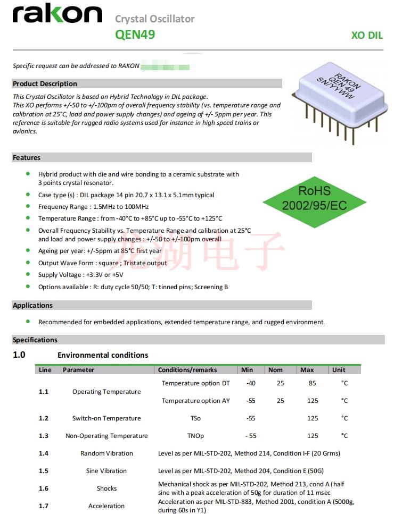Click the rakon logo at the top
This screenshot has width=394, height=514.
pyautogui.click(x=57, y=15)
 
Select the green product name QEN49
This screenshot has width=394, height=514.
pyautogui.click(x=135, y=35)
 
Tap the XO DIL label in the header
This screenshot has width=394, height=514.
pyautogui.click(x=367, y=36)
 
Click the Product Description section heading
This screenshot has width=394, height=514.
pyautogui.click(x=45, y=83)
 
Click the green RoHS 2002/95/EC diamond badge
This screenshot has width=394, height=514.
pyautogui.click(x=314, y=198)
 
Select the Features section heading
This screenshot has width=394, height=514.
pyautogui.click(x=27, y=157)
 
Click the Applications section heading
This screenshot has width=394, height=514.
pyautogui.click(x=33, y=305)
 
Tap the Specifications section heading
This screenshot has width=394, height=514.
pyautogui.click(x=35, y=340)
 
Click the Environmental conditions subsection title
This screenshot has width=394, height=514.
pyautogui.click(x=103, y=355)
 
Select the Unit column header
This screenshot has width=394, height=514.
pyautogui.click(x=339, y=370)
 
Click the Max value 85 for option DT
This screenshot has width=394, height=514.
pyautogui.click(x=312, y=383)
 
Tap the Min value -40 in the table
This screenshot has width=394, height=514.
pyautogui.click(x=251, y=383)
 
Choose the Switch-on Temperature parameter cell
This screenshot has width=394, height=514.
pyautogui.click(x=106, y=418)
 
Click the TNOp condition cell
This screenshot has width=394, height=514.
pyautogui.click(x=195, y=436)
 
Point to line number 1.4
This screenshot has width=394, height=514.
pyautogui.click(x=44, y=453)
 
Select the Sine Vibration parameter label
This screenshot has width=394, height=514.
pyautogui.click(x=106, y=471)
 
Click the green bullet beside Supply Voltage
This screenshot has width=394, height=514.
pyautogui.click(x=28, y=274)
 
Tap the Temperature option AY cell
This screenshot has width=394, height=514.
pyautogui.click(x=195, y=401)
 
